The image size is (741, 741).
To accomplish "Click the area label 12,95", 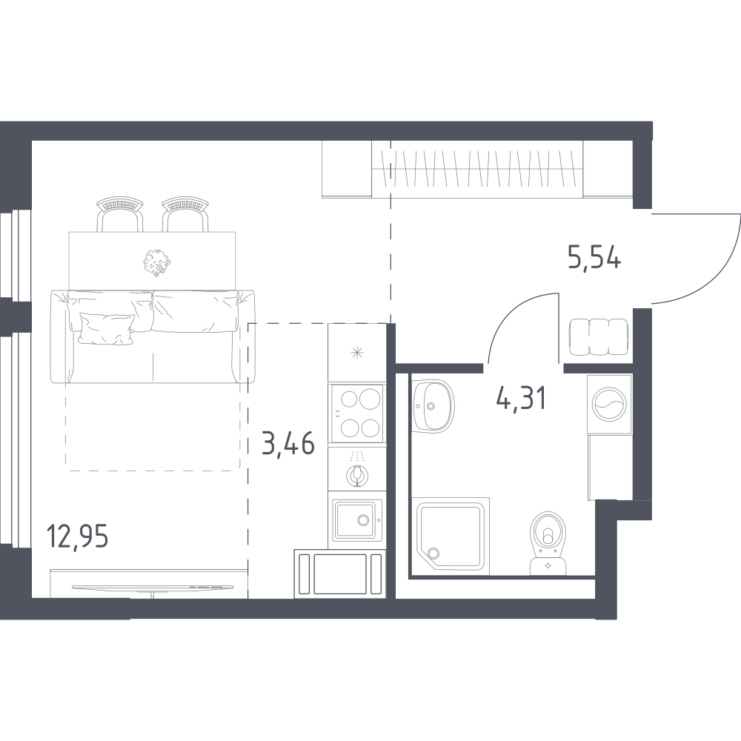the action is tap(78, 536).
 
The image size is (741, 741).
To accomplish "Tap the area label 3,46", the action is tap(288, 444).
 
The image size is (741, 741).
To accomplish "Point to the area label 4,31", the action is tap(521, 399).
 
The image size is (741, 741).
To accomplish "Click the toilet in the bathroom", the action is tap(548, 543).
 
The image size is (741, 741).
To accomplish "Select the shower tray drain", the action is tap(433, 553).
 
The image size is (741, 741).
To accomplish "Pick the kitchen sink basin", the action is tap(355, 521).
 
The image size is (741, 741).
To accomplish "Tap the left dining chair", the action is tap(119, 214).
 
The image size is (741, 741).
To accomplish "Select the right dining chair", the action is tap(186, 214).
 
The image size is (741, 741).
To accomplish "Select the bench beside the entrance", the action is tap(599, 337).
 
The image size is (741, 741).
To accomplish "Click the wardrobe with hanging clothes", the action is tap(477, 169).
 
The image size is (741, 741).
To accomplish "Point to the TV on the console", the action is tap(152, 588).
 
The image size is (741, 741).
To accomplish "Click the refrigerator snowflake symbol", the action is tap(357, 353).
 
